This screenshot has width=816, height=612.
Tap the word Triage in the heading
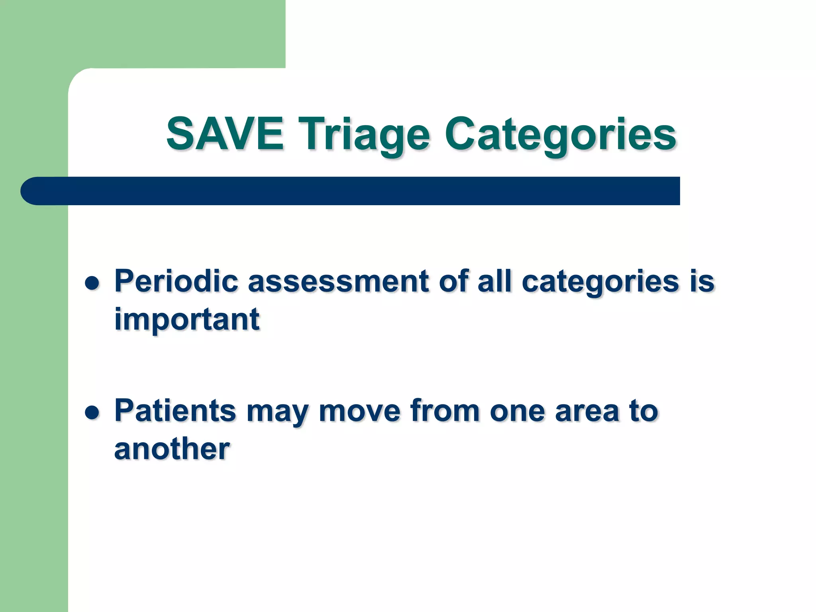(364, 135)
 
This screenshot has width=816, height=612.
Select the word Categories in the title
(560, 135)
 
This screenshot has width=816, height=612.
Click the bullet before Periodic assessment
(92, 283)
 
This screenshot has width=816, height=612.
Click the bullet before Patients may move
(92, 413)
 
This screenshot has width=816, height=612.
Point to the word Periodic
(176, 281)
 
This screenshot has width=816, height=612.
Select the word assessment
(338, 281)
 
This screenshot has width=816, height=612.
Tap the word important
(186, 320)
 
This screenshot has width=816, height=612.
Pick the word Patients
(175, 410)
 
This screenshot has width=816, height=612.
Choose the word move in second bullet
(359, 411)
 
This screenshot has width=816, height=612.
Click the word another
(172, 449)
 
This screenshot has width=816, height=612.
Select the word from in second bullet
(445, 410)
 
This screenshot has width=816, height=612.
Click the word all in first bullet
(494, 281)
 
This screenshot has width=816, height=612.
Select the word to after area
(643, 411)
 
